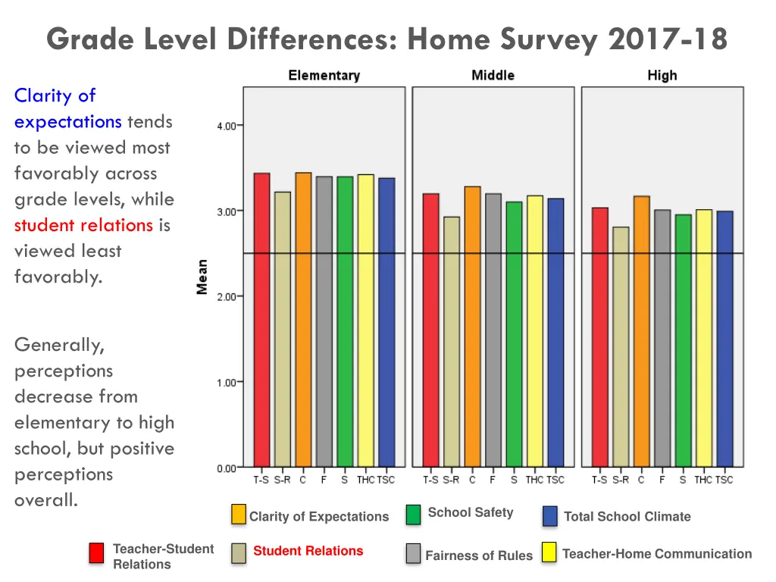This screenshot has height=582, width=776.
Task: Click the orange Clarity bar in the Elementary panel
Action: click(x=303, y=318)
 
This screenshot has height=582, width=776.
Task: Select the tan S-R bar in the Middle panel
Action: click(x=452, y=341)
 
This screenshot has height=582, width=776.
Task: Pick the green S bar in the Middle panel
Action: click(x=514, y=333)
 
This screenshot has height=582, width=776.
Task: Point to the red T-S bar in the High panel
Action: click(x=599, y=336)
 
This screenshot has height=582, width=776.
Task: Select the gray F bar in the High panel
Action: click(x=662, y=337)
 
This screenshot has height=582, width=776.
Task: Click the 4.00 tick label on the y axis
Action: click(x=226, y=126)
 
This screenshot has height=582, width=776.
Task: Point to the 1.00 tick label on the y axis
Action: click(x=226, y=383)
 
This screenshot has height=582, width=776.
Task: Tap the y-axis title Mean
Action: click(x=202, y=277)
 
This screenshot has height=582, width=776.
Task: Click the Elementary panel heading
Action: click(x=324, y=76)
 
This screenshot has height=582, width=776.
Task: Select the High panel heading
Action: click(x=662, y=76)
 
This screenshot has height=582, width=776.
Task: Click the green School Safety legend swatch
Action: click(x=413, y=515)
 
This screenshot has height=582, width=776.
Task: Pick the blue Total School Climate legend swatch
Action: click(x=550, y=516)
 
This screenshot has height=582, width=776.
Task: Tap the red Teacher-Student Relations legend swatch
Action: click(x=96, y=553)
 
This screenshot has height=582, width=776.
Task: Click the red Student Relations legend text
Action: click(x=308, y=551)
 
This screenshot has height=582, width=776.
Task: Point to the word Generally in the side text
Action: click(x=59, y=345)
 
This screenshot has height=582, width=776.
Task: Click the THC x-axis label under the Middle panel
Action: click(x=534, y=480)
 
